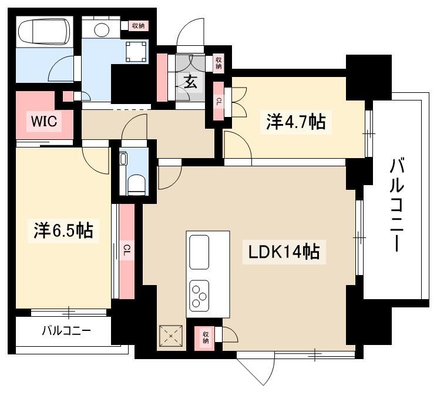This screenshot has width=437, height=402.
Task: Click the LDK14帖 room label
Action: tap(284, 252)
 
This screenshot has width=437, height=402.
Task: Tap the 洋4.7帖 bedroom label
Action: tap(295, 122)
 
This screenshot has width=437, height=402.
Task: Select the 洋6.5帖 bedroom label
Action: tap(63, 230)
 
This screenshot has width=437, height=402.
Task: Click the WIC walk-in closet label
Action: tap(44, 121)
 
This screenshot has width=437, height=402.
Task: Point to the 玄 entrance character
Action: tap(190, 82)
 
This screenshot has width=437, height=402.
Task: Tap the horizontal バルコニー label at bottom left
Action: tap(66, 331)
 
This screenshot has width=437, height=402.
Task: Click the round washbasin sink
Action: tap(102, 29)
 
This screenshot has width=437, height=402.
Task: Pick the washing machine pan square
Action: tap(136, 52)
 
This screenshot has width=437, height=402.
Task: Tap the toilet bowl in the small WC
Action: tap(136, 185)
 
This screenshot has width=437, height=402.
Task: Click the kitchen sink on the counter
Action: tap(199, 252)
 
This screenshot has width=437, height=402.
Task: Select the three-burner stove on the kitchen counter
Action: tap(199, 296)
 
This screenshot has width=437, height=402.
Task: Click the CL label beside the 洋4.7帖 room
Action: tap(218, 102)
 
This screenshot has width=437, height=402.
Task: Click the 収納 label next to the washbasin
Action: tap(138, 26)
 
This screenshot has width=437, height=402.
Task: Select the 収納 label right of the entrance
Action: tap(218, 63)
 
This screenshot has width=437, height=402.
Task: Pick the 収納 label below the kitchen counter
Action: tap(206, 337)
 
